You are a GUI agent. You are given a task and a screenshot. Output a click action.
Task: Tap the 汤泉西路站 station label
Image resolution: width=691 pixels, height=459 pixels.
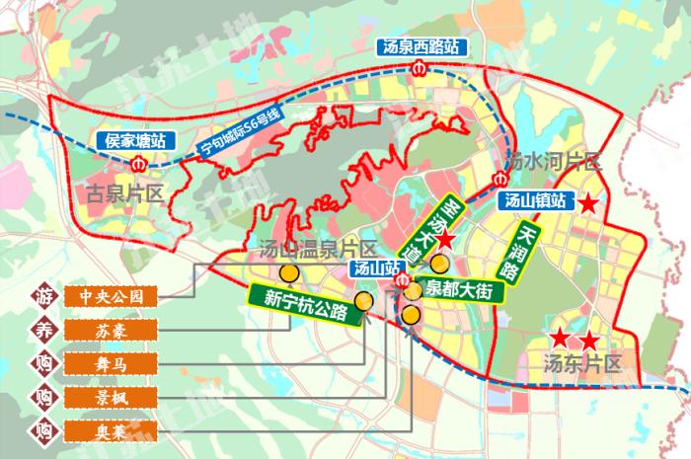(x=421, y=46)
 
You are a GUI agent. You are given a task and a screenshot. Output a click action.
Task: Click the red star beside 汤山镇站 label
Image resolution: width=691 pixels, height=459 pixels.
(x=588, y=205)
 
